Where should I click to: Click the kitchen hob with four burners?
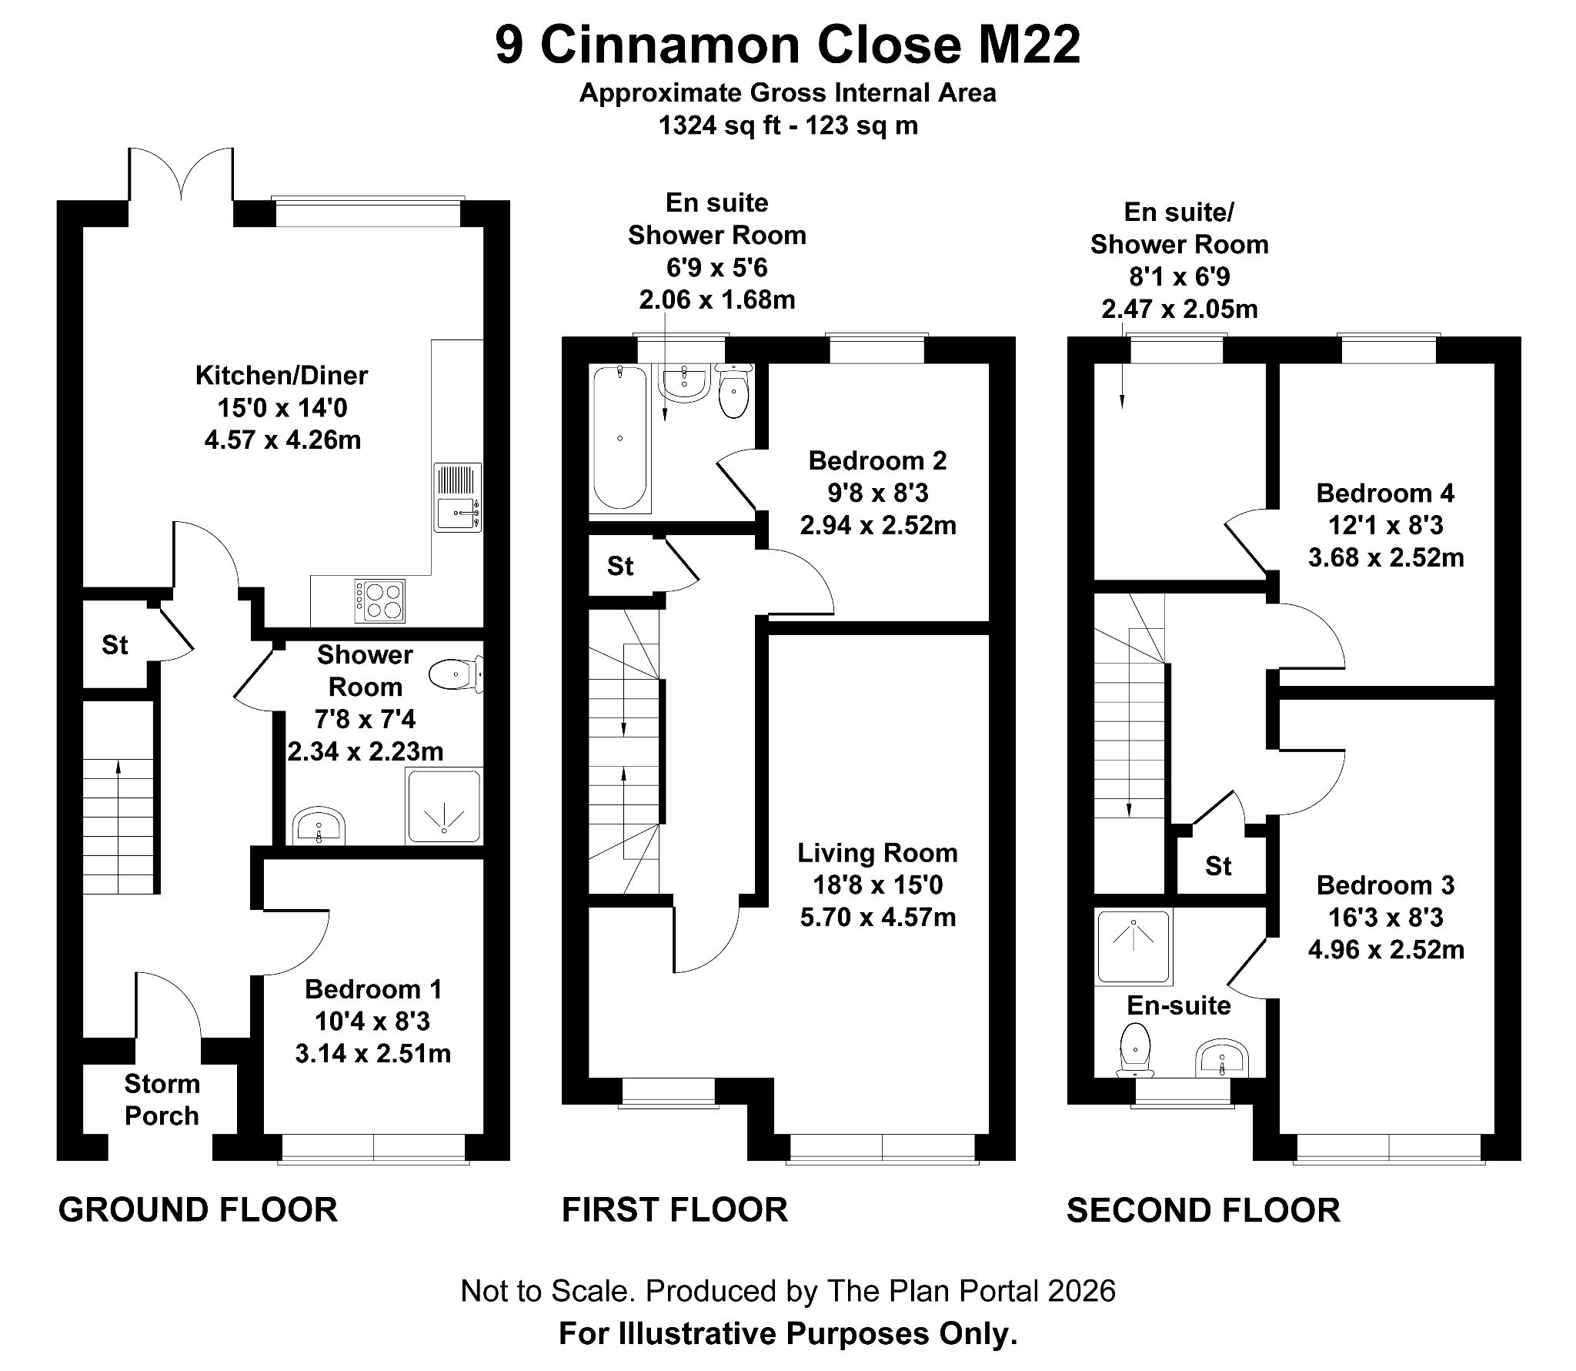point(380,600)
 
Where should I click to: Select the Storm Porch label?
point(162,1099)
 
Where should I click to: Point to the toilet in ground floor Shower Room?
point(455,675)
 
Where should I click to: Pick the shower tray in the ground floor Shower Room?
point(445,806)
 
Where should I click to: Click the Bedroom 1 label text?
point(372,989)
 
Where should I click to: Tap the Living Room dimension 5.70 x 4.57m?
point(877,918)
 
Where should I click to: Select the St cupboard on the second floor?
point(1218,866)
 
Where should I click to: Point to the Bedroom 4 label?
point(1385,493)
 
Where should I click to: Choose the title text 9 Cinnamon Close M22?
point(787,45)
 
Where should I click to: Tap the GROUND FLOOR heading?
point(198,1209)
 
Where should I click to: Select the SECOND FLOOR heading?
point(1203,1210)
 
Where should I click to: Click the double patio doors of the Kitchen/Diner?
point(181,177)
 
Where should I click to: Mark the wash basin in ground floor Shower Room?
point(319,827)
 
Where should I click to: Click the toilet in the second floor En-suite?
point(1134,1048)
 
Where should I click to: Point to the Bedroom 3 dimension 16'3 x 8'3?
point(1385,918)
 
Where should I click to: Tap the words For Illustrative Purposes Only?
point(788,1333)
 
